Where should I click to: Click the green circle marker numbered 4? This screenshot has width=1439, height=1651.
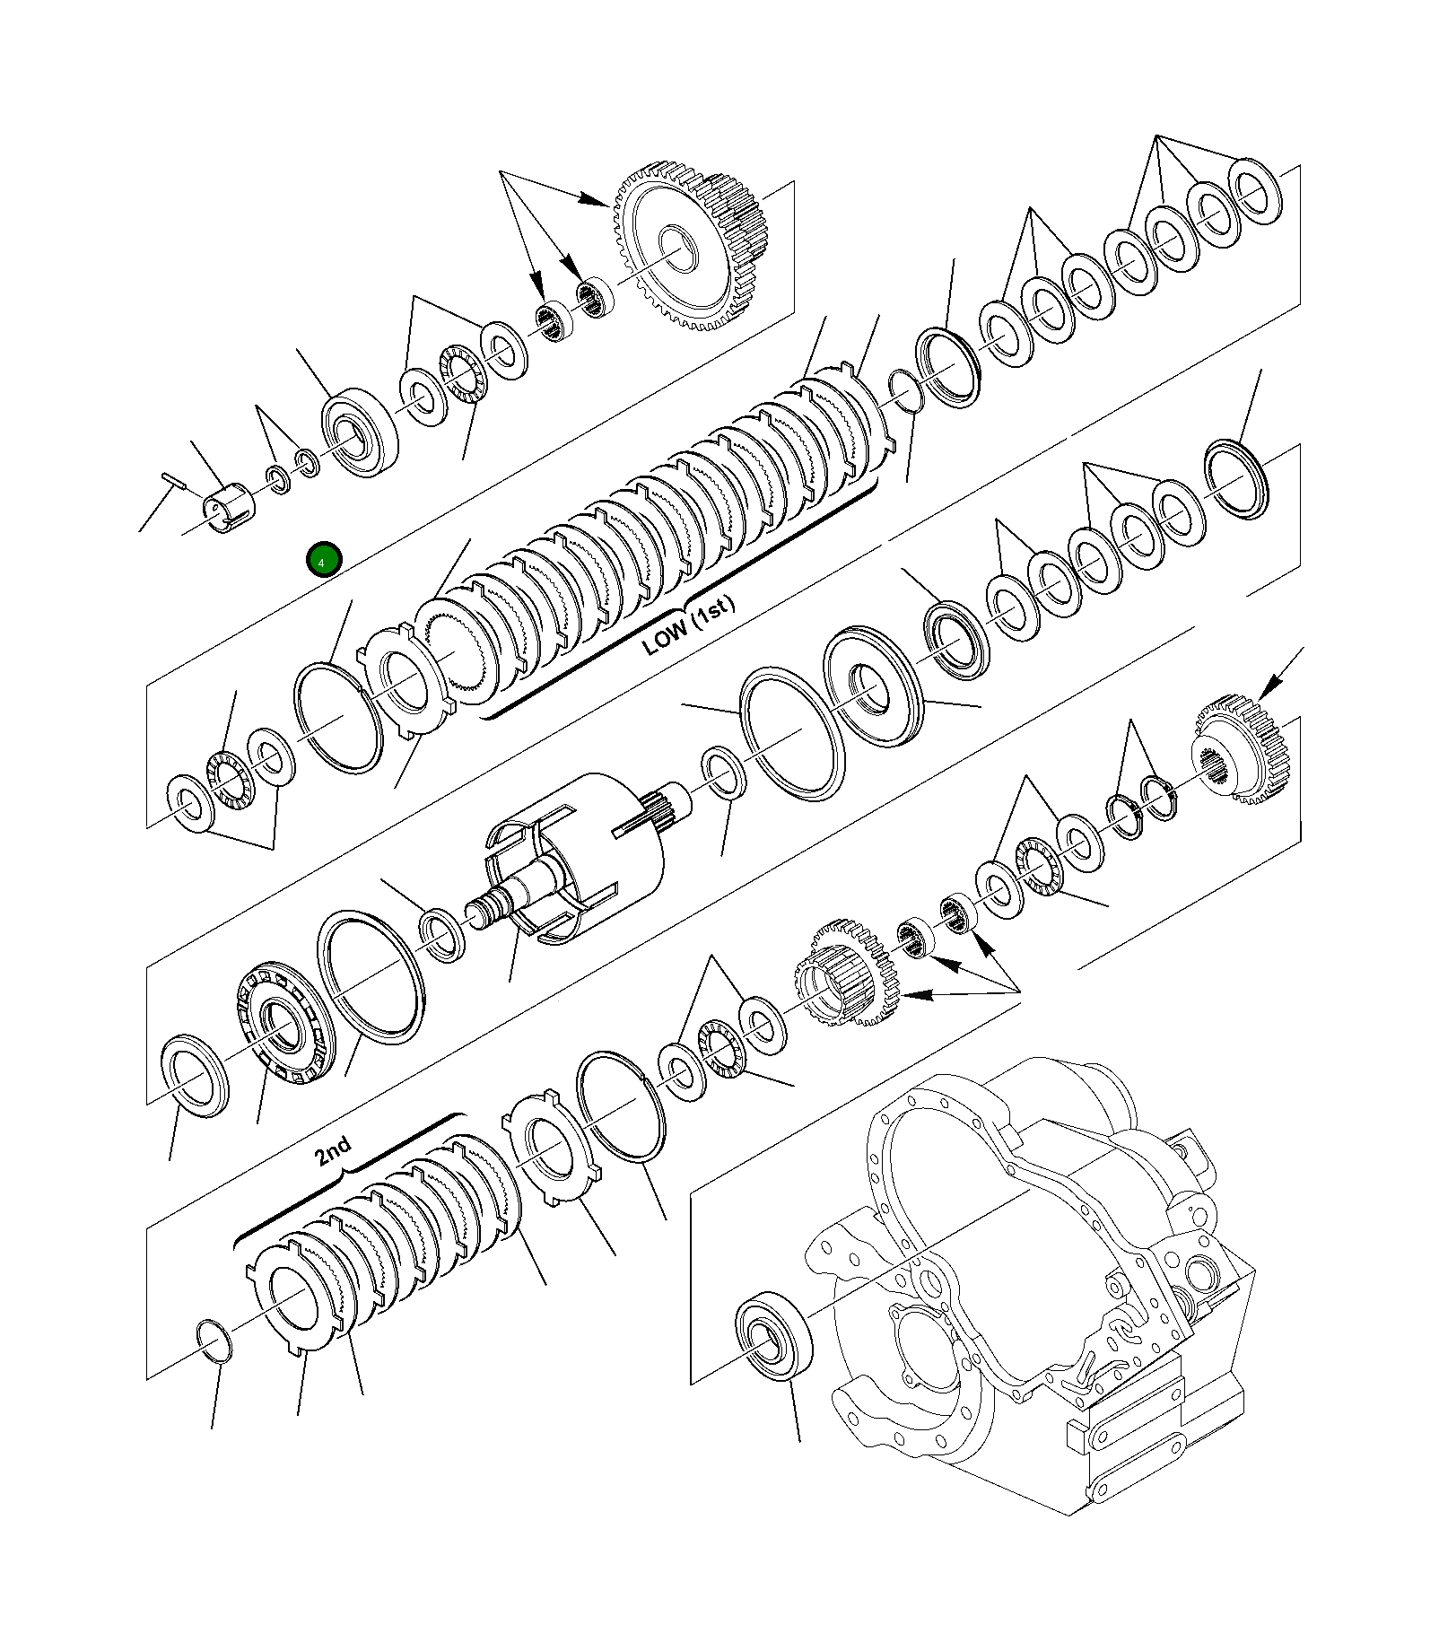323,560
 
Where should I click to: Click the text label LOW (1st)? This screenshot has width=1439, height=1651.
688,626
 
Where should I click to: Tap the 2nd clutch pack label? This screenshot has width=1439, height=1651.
333,1150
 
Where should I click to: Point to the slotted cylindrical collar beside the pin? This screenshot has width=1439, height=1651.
230,508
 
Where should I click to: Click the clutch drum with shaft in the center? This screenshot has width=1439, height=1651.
574,861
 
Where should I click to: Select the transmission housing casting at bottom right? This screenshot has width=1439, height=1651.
1041,1274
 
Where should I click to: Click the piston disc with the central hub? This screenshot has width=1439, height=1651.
872,686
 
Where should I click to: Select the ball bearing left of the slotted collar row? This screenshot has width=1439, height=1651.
359,432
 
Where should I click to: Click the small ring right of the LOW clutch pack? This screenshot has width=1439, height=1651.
904,391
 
